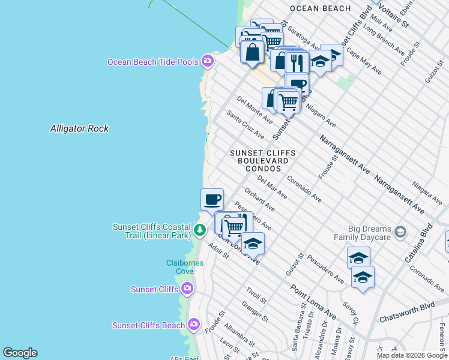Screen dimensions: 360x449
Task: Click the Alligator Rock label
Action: pyautogui.click(x=79, y=128)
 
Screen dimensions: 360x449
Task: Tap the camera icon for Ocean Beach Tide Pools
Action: pyautogui.click(x=208, y=61)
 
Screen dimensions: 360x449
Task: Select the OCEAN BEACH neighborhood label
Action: pyautogui.click(x=320, y=8)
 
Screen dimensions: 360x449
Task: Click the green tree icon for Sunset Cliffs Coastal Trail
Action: pyautogui.click(x=199, y=229)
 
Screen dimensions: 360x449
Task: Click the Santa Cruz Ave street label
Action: pyautogui.click(x=245, y=125)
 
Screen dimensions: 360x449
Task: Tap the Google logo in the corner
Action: pyautogui.click(x=20, y=353)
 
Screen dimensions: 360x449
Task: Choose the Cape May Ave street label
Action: pyautogui.click(x=363, y=61)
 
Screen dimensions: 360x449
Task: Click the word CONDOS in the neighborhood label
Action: pyautogui.click(x=263, y=169)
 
